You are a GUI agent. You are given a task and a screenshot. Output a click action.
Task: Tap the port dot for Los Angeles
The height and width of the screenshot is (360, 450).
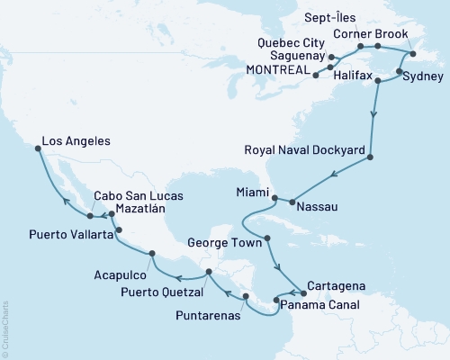37,150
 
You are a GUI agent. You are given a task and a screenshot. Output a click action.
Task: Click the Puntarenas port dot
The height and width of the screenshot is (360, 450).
245,294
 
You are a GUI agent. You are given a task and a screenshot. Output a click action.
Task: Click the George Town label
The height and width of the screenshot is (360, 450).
226,242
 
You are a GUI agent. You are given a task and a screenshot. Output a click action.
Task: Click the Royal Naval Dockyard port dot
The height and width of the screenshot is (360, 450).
370,159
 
